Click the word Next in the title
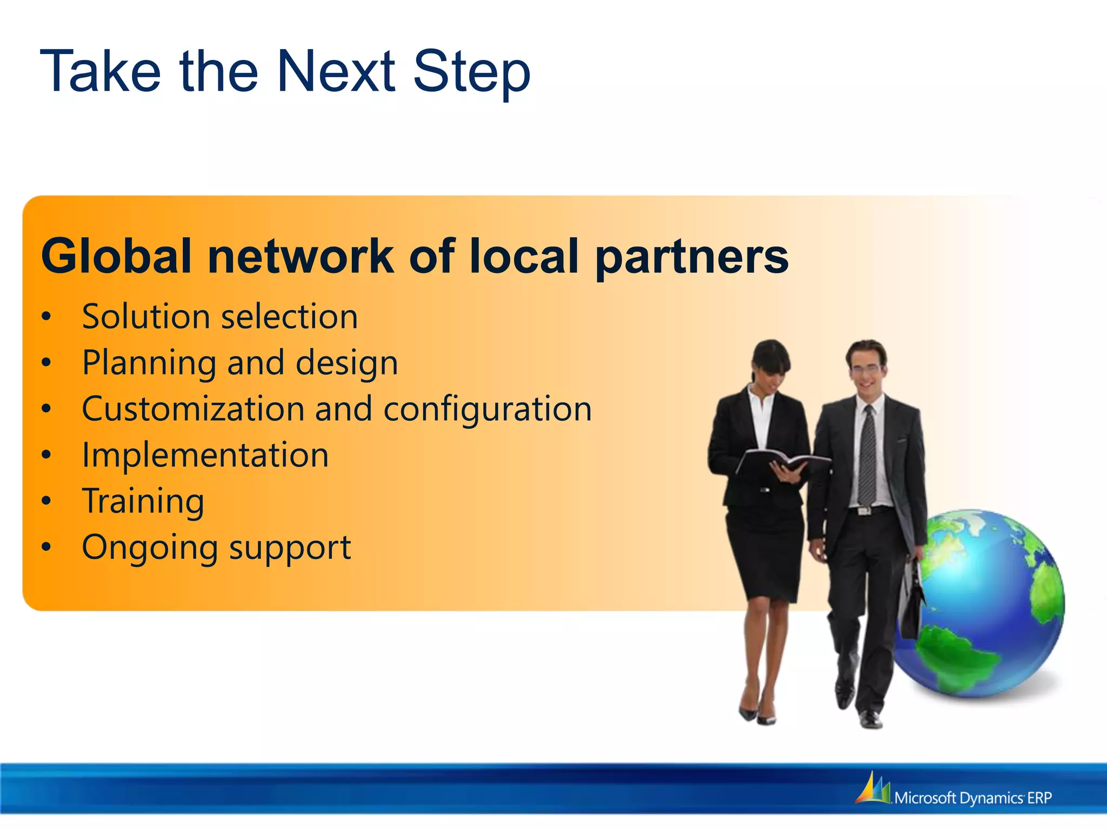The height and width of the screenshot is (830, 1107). click(x=336, y=72)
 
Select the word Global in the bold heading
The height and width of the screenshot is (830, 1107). click(x=116, y=256)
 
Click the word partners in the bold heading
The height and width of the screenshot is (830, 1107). click(x=692, y=258)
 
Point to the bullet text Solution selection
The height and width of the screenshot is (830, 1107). click(x=219, y=317)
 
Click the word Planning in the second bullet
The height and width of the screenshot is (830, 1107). click(x=149, y=363)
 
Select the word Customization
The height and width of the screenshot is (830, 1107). click(x=192, y=409)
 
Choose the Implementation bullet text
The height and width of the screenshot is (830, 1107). click(x=205, y=455)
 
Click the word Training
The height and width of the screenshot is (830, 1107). click(x=143, y=501)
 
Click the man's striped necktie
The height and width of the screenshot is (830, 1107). click(x=868, y=457)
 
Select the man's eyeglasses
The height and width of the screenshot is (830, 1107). click(x=866, y=370)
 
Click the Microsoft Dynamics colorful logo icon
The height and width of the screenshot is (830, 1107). click(x=872, y=789)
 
